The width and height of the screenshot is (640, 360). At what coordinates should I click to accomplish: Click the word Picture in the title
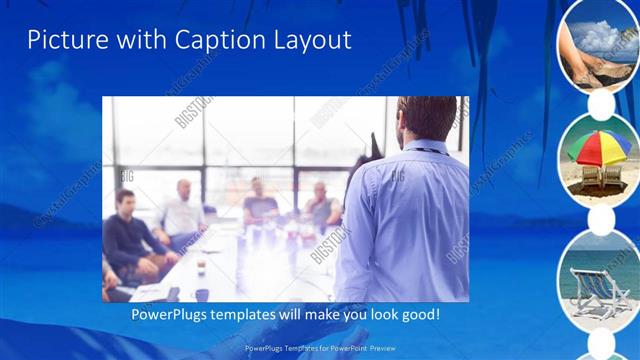point(62,40)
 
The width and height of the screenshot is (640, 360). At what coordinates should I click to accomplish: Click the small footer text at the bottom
point(319,348)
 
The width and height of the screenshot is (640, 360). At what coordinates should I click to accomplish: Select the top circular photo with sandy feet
point(598,42)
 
